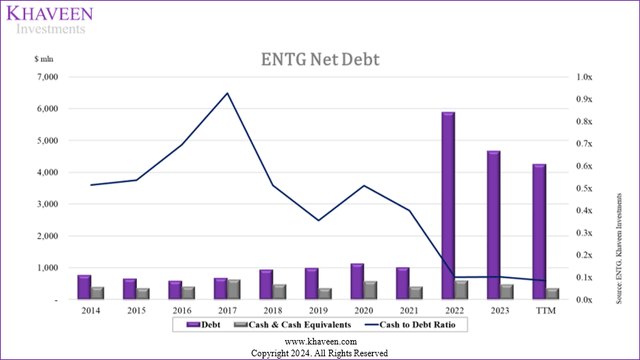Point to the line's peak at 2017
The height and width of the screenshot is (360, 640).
[x=227, y=93]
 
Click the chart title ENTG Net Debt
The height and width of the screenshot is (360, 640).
[x=319, y=60]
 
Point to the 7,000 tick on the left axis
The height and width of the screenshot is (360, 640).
[x=46, y=76]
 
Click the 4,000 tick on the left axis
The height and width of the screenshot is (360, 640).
[x=46, y=172]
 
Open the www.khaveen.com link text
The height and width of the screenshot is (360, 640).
[x=319, y=341]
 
